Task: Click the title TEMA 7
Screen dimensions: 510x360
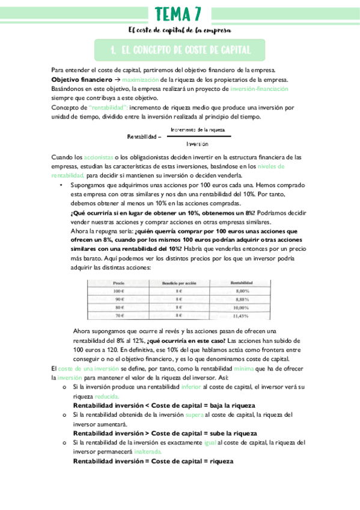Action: (179, 13)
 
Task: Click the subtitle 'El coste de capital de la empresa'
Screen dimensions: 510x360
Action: (180, 30)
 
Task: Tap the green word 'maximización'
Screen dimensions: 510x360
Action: (141, 80)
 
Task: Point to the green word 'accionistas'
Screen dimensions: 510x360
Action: (99, 157)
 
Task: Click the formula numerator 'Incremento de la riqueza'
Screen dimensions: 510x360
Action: (198, 129)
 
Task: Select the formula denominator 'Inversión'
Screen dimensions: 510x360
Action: (197, 144)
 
